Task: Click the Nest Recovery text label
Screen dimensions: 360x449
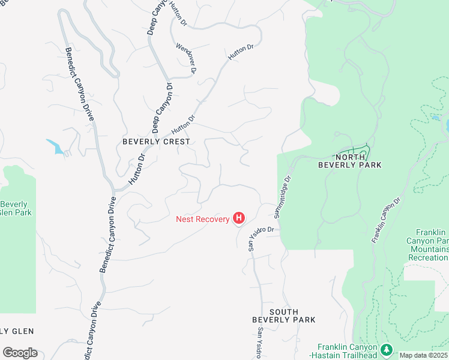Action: tap(202, 219)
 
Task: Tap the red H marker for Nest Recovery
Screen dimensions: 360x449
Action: tap(239, 218)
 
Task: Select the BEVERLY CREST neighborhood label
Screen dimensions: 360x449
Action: tap(156, 142)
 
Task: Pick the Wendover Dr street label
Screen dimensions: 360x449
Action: tap(187, 58)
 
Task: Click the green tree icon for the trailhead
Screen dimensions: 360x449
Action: tap(386, 349)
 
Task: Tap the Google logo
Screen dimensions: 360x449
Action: tap(19, 353)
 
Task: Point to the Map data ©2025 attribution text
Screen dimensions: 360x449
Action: tap(424, 355)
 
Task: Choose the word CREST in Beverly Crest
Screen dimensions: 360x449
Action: tap(178, 142)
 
